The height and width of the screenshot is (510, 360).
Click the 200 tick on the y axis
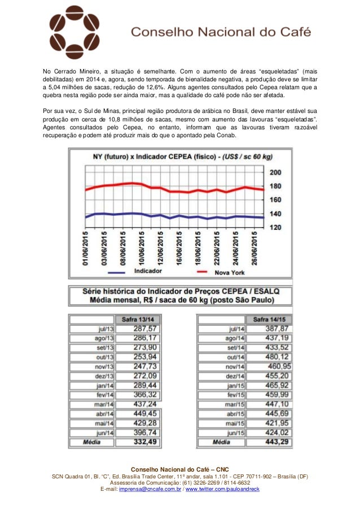click(x=276, y=172)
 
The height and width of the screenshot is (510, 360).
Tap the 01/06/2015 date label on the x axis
click(x=86, y=248)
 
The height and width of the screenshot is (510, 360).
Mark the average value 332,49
click(x=145, y=442)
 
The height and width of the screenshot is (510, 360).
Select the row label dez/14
click(x=236, y=376)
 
